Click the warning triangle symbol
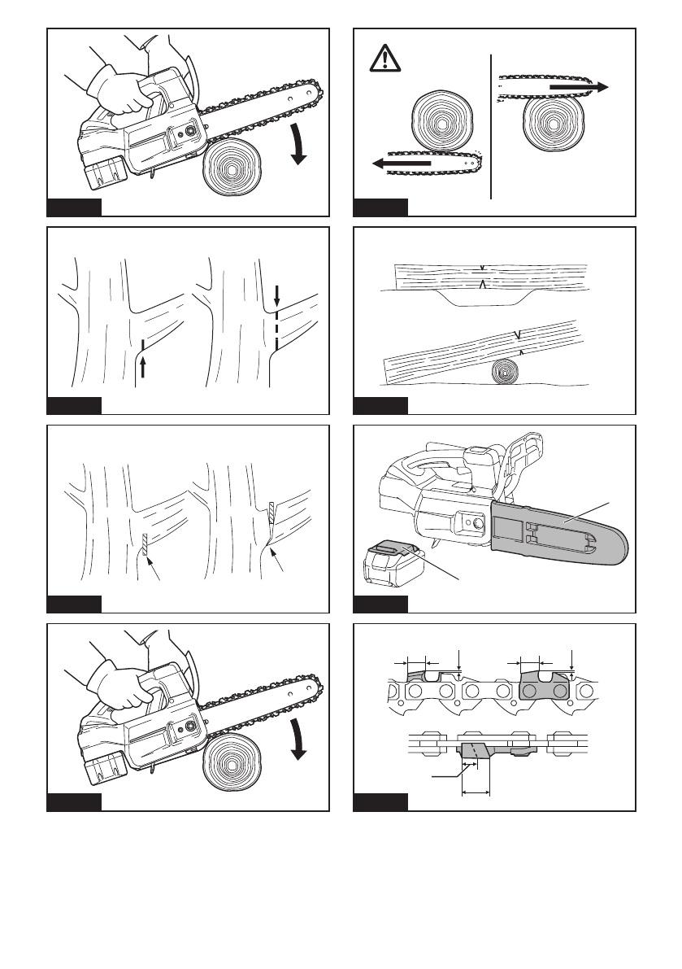[384, 60]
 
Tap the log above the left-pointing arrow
[442, 120]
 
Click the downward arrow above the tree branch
[276, 294]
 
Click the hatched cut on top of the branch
[271, 513]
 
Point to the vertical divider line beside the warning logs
[492, 127]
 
